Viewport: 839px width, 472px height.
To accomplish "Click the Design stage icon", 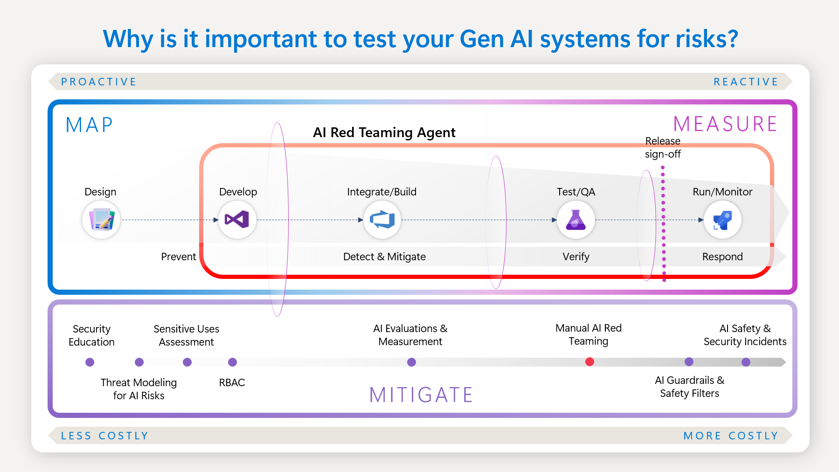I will coord(101,220).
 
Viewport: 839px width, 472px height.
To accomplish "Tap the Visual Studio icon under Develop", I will coord(237,220).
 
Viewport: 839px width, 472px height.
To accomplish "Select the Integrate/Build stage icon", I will coord(382,220).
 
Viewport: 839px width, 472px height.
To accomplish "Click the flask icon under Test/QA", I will coord(576,220).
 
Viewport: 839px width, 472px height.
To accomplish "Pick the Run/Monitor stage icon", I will coord(722,220).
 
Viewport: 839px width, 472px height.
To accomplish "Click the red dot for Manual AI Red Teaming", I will coord(589,361).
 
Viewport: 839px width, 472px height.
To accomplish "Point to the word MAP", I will coord(90,125).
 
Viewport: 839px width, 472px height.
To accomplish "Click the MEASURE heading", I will coord(725,125).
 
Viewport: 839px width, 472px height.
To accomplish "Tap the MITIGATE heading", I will coord(421,395).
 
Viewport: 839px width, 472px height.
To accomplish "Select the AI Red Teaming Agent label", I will coord(384,132).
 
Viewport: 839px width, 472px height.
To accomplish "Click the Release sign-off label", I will coord(663,147).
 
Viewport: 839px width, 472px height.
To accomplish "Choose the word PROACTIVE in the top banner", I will coord(99,82).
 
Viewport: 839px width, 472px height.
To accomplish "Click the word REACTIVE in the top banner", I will coord(745,82).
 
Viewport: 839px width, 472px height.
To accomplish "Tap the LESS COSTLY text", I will coord(105,436).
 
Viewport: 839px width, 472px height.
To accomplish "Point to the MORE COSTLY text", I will coord(730,436).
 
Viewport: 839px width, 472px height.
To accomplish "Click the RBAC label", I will coord(232,382).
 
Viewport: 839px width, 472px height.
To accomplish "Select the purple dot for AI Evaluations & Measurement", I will coord(411,362).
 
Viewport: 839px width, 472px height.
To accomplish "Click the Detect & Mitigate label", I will coord(384,257).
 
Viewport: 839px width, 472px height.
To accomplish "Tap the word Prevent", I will coord(178,257).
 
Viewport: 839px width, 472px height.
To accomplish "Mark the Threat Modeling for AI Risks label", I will coord(139,389).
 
